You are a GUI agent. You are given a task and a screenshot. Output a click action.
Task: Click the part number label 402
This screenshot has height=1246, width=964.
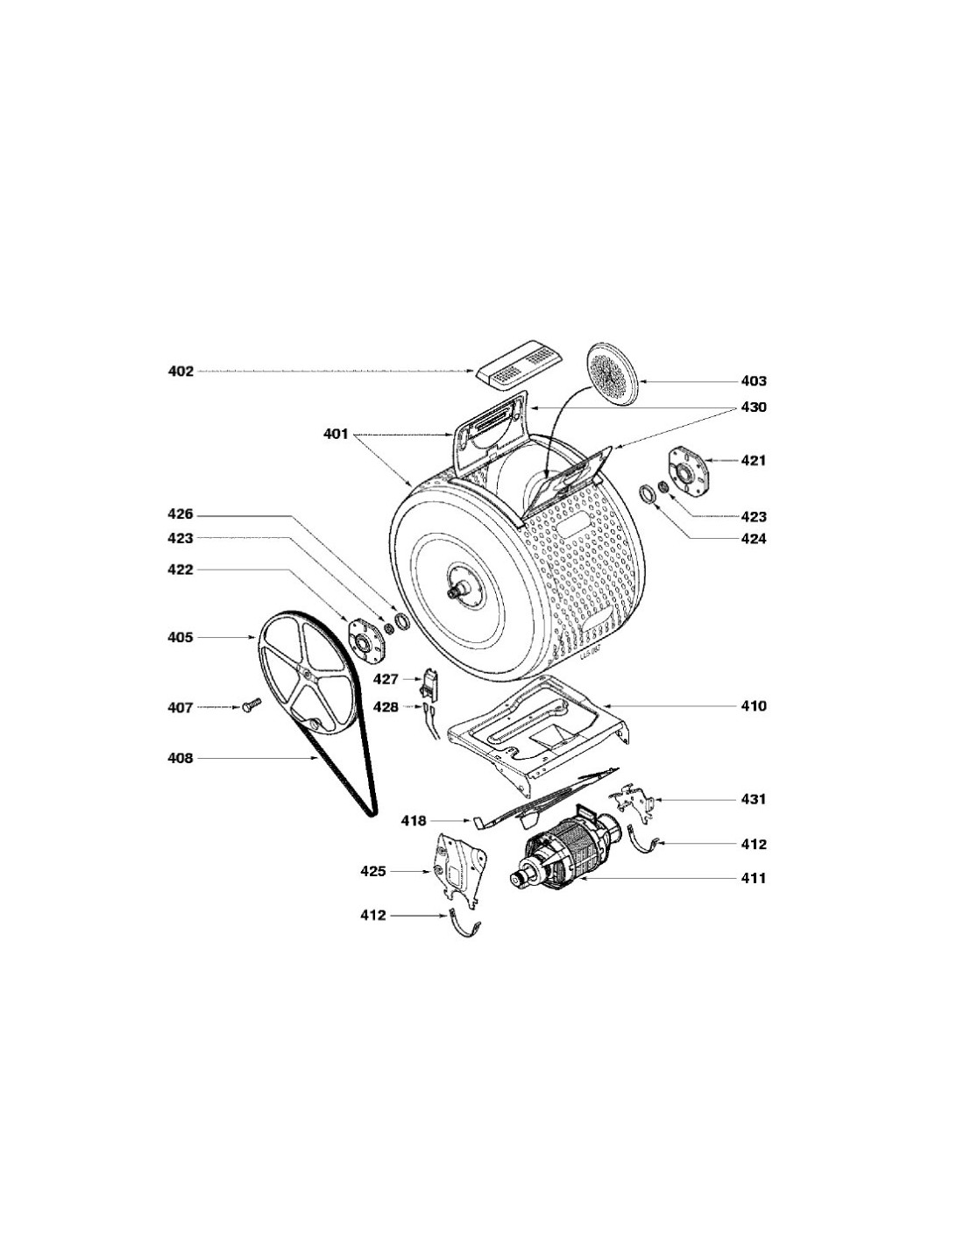pos(181,372)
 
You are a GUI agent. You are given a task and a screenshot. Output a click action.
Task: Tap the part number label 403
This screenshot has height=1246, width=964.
pos(754,381)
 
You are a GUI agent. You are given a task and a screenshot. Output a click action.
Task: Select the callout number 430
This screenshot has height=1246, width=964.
pos(754,407)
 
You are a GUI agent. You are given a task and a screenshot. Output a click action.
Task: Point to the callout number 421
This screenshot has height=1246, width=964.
pos(754,460)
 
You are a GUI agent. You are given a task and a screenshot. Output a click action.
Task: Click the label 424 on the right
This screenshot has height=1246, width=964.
pos(754,538)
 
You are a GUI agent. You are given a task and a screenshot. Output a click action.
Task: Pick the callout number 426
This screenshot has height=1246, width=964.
pos(181,515)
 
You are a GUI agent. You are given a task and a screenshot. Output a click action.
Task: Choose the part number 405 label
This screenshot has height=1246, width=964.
pos(181,637)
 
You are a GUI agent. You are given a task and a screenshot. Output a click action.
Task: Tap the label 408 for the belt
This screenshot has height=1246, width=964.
pos(181,758)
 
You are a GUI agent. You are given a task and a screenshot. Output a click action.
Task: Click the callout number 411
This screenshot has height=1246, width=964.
pos(754,878)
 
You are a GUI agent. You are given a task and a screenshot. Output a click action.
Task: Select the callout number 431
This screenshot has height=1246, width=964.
pos(754,799)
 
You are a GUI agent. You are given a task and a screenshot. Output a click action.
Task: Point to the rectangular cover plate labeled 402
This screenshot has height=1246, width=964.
pos(519,363)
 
